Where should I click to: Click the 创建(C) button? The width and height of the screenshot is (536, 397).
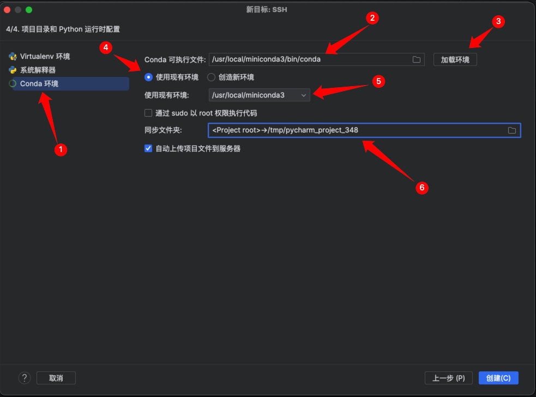click(498, 378)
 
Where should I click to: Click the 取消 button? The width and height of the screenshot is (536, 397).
click(56, 378)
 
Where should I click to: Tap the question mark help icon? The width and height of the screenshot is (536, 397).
click(25, 378)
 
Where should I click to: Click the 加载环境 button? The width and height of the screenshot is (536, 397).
click(455, 59)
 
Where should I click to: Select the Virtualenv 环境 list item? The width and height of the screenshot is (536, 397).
click(40, 56)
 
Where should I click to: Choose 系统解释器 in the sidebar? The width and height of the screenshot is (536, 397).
click(33, 70)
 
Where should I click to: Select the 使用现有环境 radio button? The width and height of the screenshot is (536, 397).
click(148, 77)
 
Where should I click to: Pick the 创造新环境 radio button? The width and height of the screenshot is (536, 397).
click(211, 77)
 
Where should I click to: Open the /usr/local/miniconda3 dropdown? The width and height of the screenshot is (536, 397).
click(260, 95)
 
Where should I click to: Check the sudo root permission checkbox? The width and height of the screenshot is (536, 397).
click(148, 113)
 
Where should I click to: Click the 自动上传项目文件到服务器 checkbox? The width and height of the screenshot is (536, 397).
click(148, 148)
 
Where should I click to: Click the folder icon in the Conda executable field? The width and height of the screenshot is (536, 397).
click(417, 59)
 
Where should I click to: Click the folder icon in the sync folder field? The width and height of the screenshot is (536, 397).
click(511, 130)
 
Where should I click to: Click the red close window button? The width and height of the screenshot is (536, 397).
click(7, 10)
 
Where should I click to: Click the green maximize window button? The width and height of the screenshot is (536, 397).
click(29, 10)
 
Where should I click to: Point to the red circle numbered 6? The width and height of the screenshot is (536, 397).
click(422, 188)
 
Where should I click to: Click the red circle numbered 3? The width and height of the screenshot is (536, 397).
click(498, 22)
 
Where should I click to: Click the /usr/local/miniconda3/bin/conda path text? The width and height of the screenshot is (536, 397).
click(266, 59)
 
